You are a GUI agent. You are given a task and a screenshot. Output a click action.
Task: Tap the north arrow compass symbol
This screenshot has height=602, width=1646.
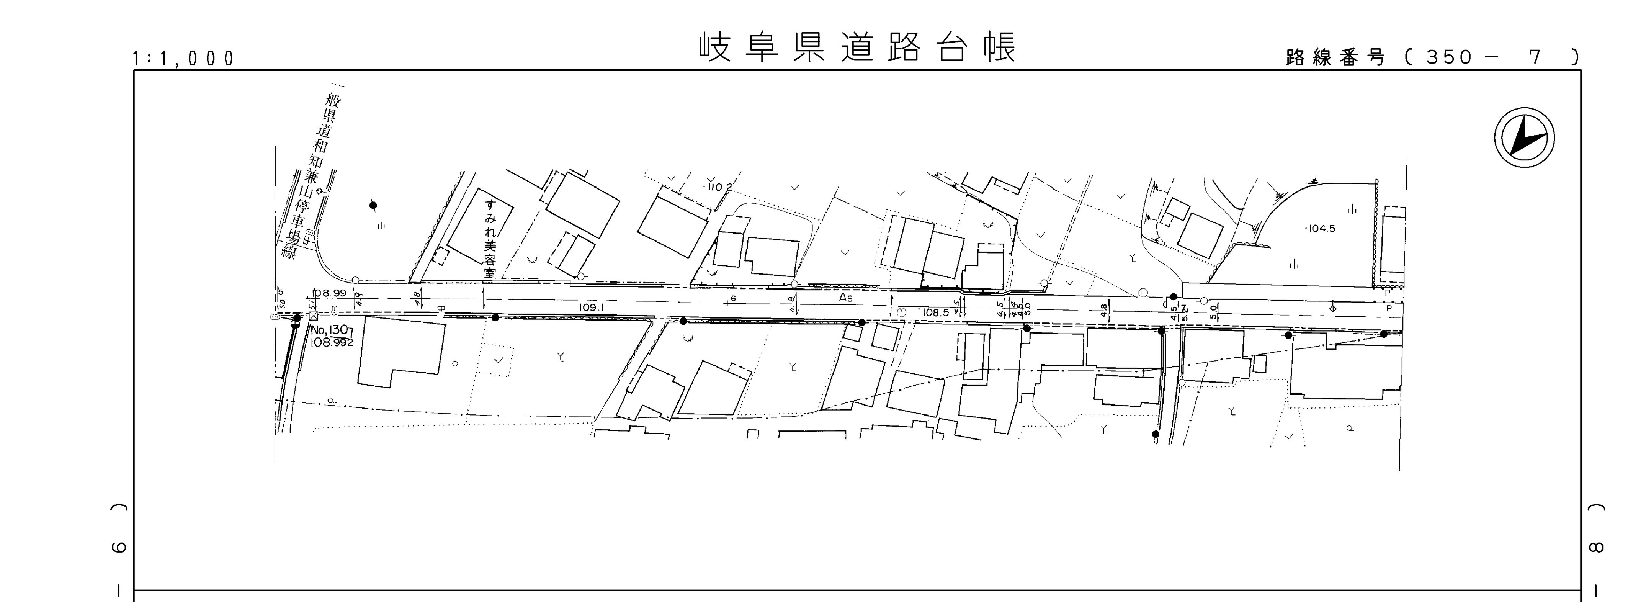click(x=1524, y=138)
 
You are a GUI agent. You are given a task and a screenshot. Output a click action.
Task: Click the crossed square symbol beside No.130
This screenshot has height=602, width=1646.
click(x=313, y=316)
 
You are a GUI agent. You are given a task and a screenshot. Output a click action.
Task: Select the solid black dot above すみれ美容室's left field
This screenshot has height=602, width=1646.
click(x=374, y=205)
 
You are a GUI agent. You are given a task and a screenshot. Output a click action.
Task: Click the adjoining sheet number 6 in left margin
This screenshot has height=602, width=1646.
click(x=120, y=546)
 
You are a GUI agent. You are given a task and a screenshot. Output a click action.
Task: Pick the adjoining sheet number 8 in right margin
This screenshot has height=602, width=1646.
click(x=1595, y=546)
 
